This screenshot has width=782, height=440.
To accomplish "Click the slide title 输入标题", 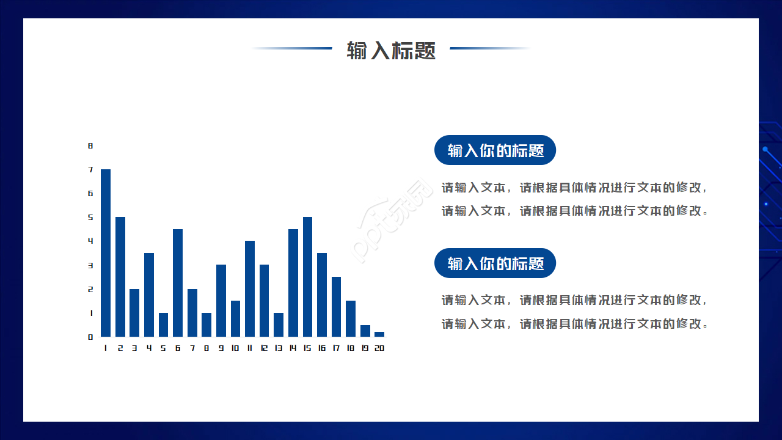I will (x=391, y=50).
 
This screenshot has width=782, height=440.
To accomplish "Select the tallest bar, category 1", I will (x=106, y=253).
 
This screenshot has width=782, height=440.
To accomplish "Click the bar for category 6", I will (x=178, y=283).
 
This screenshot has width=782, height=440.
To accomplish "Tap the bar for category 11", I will (x=250, y=288).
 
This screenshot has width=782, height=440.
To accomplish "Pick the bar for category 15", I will (x=307, y=277).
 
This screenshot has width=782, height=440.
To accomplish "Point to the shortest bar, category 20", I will (x=379, y=334).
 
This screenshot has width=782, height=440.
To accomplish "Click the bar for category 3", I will (x=134, y=313).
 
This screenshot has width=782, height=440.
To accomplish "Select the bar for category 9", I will (x=221, y=301).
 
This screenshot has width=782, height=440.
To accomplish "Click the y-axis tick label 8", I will (x=90, y=146).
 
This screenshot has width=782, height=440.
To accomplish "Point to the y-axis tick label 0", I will (x=90, y=337).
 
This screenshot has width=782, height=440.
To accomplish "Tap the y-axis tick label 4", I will (x=90, y=241).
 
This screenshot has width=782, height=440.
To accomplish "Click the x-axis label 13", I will (x=279, y=348).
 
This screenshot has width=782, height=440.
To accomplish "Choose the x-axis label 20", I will (x=379, y=348).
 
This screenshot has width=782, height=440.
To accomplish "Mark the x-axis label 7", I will (x=192, y=348).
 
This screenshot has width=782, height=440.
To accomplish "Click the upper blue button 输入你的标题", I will (x=495, y=150).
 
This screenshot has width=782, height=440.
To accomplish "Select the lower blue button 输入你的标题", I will (x=495, y=263).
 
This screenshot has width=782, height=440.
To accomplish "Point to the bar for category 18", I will (x=351, y=318).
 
